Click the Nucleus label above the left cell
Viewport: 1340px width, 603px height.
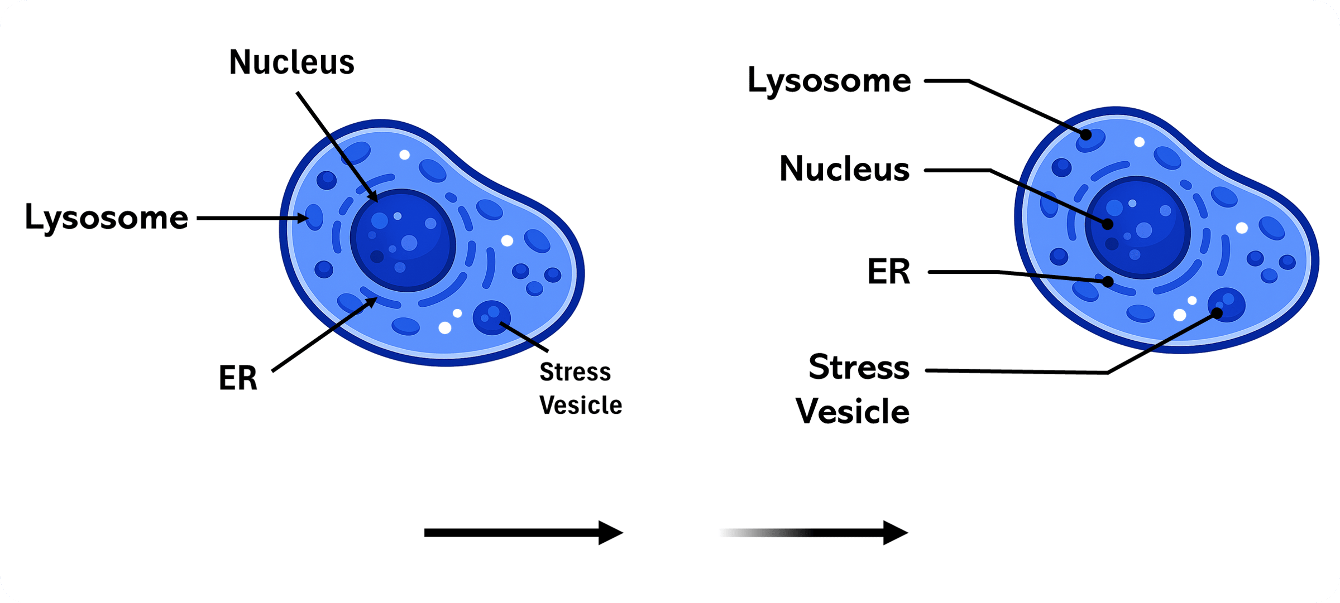(x=291, y=62)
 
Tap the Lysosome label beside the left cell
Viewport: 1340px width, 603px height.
(x=107, y=218)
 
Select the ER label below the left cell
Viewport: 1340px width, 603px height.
(x=238, y=379)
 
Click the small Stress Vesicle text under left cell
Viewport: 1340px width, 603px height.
(x=580, y=389)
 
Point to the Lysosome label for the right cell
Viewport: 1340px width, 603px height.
(x=829, y=81)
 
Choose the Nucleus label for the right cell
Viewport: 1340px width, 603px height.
(x=844, y=169)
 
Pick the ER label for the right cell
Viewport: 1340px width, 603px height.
(x=888, y=272)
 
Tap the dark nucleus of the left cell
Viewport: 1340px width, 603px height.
(x=403, y=240)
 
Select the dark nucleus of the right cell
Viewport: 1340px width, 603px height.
(x=1138, y=228)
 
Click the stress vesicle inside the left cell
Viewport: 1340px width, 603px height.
(x=491, y=317)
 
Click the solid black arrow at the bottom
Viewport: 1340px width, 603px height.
(x=523, y=533)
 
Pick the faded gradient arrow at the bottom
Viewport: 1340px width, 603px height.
(x=814, y=533)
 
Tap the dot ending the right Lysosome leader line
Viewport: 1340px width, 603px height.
(x=1087, y=134)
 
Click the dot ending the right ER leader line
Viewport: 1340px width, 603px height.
(x=1108, y=282)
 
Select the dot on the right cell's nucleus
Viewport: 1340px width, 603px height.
(x=1107, y=224)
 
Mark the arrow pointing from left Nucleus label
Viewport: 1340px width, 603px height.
(x=337, y=147)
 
